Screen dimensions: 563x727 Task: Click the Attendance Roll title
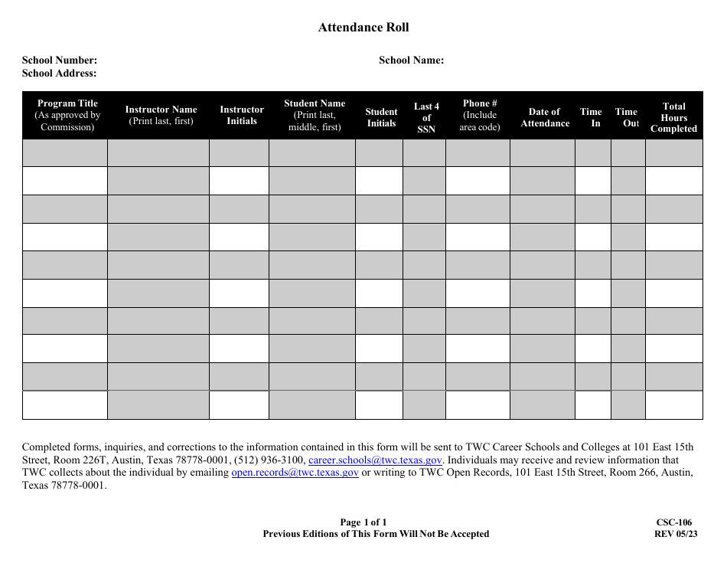pos(363,28)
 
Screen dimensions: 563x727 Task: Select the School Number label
pos(60,61)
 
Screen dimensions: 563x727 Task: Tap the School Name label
pos(411,61)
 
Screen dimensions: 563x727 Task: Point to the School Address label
pos(60,74)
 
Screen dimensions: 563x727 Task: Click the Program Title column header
pos(67,115)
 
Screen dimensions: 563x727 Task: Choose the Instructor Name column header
pos(161,115)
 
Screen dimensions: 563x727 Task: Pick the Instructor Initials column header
pos(242,115)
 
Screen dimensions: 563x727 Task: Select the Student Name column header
pos(315,115)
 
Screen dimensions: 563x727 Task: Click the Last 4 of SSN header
pos(426,118)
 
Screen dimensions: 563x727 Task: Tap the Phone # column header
pos(480,115)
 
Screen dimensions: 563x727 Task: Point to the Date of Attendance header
pos(545,117)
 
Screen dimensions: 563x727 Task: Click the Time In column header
pos(591,117)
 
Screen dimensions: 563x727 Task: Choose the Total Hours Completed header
pos(673,118)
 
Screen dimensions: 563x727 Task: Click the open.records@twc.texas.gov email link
pos(295,473)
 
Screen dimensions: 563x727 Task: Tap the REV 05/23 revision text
pos(676,534)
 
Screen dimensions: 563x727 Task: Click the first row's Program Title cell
pos(65,153)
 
